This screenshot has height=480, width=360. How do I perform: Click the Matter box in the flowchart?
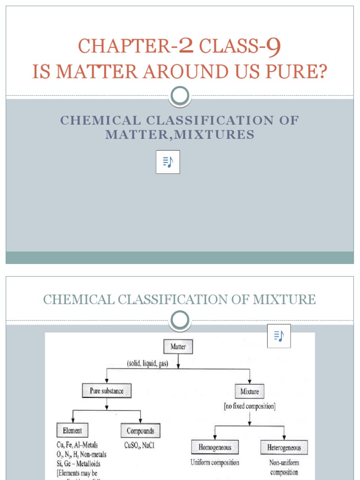[x=178, y=347]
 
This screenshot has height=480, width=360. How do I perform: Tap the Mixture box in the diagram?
[x=249, y=391]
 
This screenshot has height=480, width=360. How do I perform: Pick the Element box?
[x=72, y=430]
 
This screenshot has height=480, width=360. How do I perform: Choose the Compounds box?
[x=140, y=431]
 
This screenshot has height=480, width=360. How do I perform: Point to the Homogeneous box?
[x=214, y=447]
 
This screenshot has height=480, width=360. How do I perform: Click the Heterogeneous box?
[x=284, y=447]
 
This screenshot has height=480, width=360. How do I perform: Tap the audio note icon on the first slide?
[x=168, y=162]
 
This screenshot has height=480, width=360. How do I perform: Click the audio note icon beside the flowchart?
[x=279, y=336]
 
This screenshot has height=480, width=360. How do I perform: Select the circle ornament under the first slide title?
[x=180, y=96]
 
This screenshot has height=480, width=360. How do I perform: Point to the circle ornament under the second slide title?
[x=180, y=321]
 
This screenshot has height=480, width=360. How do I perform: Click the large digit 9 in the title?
[x=273, y=46]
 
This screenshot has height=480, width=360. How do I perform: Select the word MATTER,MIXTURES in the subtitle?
[x=180, y=135]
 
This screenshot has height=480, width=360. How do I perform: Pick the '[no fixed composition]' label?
[x=249, y=406]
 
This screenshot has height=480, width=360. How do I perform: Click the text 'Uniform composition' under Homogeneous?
[x=215, y=462]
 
